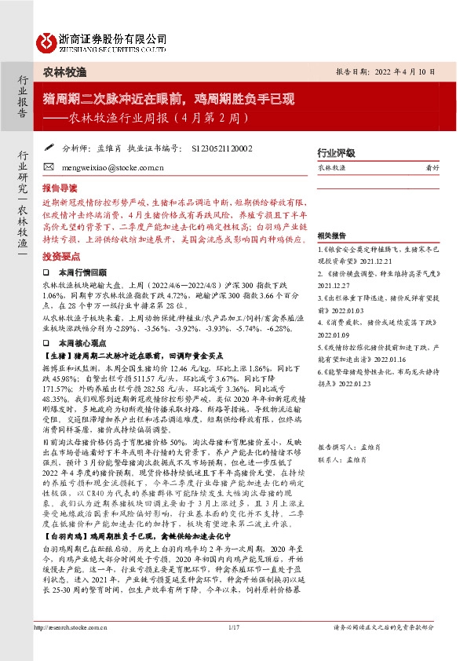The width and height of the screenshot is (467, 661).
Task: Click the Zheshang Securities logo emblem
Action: click(47, 41)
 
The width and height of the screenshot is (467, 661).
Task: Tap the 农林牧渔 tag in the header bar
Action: click(64, 71)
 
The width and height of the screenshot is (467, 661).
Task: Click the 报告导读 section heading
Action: click(60, 189)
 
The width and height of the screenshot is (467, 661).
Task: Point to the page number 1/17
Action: click(233, 649)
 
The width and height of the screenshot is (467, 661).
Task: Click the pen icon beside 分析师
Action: click(48, 146)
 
